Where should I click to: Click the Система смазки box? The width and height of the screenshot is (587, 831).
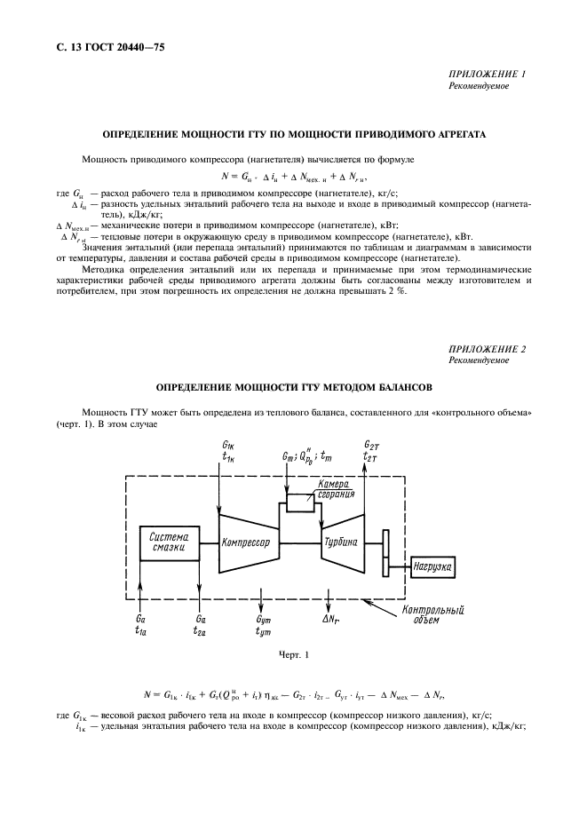[x=168, y=542]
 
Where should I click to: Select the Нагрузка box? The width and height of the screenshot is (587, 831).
[x=433, y=565]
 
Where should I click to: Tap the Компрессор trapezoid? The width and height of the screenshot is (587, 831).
[x=246, y=542]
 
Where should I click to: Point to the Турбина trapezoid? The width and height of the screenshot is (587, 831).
[x=340, y=542]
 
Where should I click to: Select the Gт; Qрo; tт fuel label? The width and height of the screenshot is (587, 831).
[x=307, y=456]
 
